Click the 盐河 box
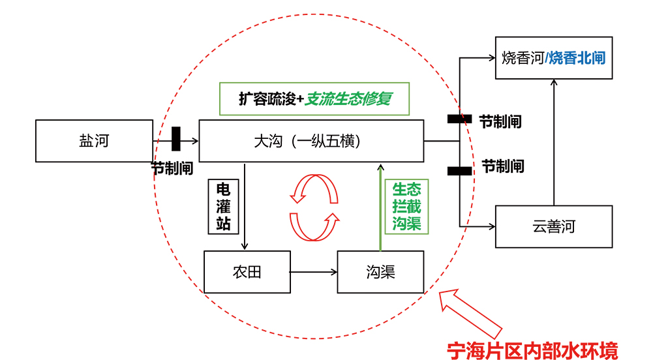94,141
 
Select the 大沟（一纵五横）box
311,141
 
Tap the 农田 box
247,271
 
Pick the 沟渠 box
380,271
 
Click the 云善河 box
554,227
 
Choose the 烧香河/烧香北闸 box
554,58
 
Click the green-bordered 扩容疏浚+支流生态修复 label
314,99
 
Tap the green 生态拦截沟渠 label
406,207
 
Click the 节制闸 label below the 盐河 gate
172,168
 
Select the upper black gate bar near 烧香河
459,119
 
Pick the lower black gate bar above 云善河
459,171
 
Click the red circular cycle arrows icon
314,206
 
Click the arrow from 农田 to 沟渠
313,271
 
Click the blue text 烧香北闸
577,58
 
